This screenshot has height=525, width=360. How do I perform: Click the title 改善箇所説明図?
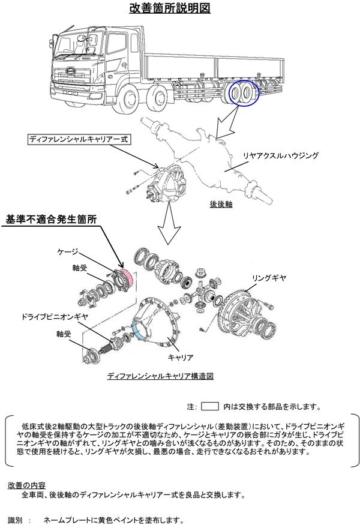(169, 9)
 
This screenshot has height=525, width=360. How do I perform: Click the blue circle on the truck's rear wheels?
(243, 94)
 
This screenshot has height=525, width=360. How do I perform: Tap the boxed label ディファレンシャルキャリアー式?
(79, 139)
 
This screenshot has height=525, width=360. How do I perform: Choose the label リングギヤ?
(268, 279)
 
